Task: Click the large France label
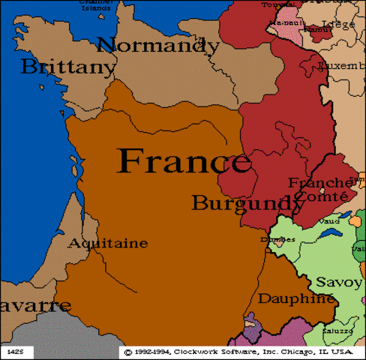point(184,161)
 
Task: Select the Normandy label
point(157,44)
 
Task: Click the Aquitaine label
point(108,244)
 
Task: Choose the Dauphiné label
point(296,298)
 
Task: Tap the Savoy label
point(338,282)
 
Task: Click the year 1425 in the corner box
point(15,350)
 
